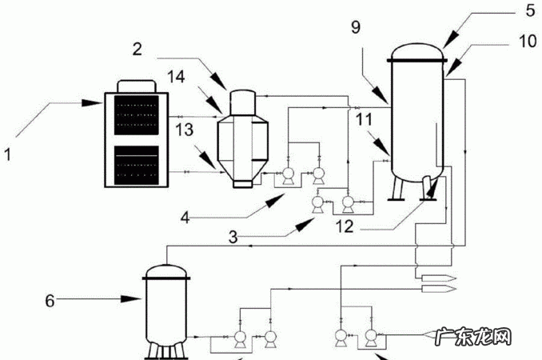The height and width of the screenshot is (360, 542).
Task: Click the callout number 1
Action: click(8, 154)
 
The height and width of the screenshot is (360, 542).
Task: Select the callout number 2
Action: click(137, 49)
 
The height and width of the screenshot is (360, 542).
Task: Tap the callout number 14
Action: click(176, 77)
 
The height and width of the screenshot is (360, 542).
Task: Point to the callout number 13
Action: click(184, 130)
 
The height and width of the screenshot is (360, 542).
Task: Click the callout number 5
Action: click(530, 10)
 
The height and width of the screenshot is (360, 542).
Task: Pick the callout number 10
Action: click(528, 41)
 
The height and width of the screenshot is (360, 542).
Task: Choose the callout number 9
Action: click(356, 27)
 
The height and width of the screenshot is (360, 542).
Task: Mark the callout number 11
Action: click(364, 120)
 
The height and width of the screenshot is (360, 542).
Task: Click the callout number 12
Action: click(345, 226)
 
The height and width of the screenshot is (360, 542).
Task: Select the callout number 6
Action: click(50, 301)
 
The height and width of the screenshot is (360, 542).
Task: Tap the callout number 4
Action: click(185, 218)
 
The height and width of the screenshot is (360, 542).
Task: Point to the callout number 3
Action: click(233, 238)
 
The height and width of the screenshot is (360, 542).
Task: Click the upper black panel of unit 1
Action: click(137, 115)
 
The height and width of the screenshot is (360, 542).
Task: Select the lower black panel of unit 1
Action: click(137, 166)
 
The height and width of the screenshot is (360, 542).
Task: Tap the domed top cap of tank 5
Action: click(416, 52)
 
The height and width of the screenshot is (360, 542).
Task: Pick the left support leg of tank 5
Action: click(397, 188)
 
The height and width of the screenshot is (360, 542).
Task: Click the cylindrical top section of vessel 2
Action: click(243, 102)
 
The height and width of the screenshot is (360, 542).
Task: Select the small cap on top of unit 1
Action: click(136, 86)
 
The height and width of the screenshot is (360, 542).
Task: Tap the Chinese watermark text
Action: click(473, 337)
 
